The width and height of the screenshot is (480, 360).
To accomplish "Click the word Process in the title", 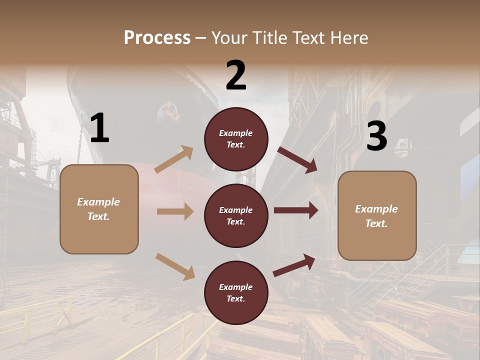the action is pos(157,38).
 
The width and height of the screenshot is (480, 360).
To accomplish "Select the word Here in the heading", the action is pos(348,38).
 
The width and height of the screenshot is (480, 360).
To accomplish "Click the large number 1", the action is pos(99,129).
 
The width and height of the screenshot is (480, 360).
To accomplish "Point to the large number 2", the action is pos(236,75).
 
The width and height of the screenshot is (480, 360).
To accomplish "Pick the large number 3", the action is pos(376,136).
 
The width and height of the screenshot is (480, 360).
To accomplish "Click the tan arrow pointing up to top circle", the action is pos(174,159).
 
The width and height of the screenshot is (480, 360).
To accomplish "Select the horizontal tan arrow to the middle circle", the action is pos(175,211).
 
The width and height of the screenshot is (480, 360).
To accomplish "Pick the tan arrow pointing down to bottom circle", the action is pos(175,266).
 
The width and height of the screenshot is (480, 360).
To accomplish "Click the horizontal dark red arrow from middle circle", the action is pos(296,210).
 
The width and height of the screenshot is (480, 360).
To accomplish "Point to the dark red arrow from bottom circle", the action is pos(294,265).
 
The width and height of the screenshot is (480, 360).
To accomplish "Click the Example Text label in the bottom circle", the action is pos(236,293).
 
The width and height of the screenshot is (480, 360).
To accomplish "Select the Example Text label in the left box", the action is pos(98,209).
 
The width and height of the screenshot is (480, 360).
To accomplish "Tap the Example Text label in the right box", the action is pos(376,216).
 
